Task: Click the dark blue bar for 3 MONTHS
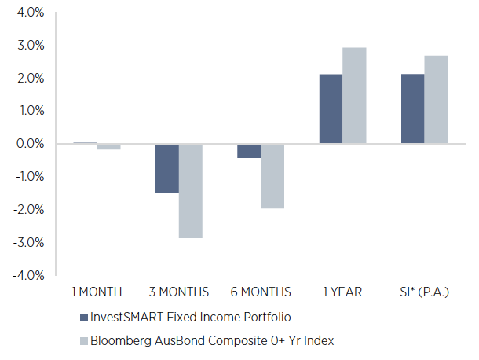point(166,167)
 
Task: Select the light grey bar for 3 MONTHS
point(190,190)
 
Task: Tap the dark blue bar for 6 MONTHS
point(249,151)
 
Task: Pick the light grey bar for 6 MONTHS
point(272,175)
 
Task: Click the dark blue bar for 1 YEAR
point(331,108)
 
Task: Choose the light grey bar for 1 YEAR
point(354,95)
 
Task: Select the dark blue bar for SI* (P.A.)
point(412,108)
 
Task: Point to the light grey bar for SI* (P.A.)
point(436,99)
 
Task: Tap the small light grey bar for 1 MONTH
point(108,146)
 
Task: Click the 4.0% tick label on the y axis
point(28,13)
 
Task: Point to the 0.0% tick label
point(28,144)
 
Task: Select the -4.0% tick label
point(26,275)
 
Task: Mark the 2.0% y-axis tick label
point(28,79)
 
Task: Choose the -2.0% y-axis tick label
point(26,210)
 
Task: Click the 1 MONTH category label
point(97,292)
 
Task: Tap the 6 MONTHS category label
point(261,292)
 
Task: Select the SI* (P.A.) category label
point(424,292)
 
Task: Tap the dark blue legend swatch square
point(84,317)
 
